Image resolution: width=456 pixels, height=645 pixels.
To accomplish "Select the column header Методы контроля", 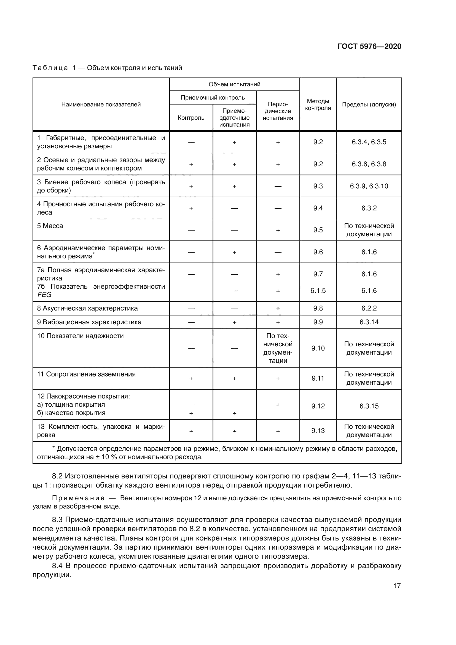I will (x=318, y=105).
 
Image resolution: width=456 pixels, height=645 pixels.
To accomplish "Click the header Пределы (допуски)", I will (x=369, y=105).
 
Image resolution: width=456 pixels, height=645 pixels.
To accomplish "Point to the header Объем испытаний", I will (x=234, y=84).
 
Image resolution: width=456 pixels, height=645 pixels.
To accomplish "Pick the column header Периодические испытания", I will (x=278, y=111).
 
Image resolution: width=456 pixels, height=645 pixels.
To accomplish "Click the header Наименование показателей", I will (x=101, y=105).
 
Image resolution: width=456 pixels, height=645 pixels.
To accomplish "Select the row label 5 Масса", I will (x=50, y=226).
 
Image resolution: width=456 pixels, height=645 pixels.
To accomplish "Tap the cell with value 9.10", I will (x=318, y=348).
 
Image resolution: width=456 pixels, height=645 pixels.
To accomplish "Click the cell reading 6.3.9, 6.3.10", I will (x=369, y=186).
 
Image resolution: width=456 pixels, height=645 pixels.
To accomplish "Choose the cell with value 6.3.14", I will (x=369, y=322).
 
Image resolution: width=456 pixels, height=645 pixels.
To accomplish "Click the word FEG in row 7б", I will (x=44, y=295).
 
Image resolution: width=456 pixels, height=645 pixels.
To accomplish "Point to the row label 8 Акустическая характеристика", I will (x=87, y=308).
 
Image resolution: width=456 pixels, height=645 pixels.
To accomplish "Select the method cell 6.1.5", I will (x=318, y=290).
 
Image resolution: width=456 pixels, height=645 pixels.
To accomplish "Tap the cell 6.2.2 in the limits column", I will (x=369, y=308).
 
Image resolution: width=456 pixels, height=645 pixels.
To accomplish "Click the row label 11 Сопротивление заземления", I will (x=86, y=374).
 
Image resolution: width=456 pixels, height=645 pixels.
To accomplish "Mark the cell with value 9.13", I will (x=318, y=431).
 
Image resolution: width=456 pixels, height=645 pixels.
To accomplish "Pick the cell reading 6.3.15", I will (x=369, y=406).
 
